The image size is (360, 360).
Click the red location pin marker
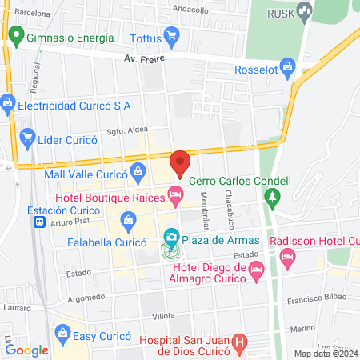[x=180, y=162]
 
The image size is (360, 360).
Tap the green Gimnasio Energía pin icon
[x=15, y=36]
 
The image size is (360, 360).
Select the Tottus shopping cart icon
[x=170, y=36]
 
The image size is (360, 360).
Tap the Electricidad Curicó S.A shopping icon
[x=7, y=104]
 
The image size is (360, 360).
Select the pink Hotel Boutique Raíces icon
[x=174, y=193]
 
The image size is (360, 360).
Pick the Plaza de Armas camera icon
[x=170, y=237]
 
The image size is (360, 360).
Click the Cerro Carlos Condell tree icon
[x=274, y=195]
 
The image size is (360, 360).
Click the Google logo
[x=26, y=350]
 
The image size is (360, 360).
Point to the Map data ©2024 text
[x=325, y=354]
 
